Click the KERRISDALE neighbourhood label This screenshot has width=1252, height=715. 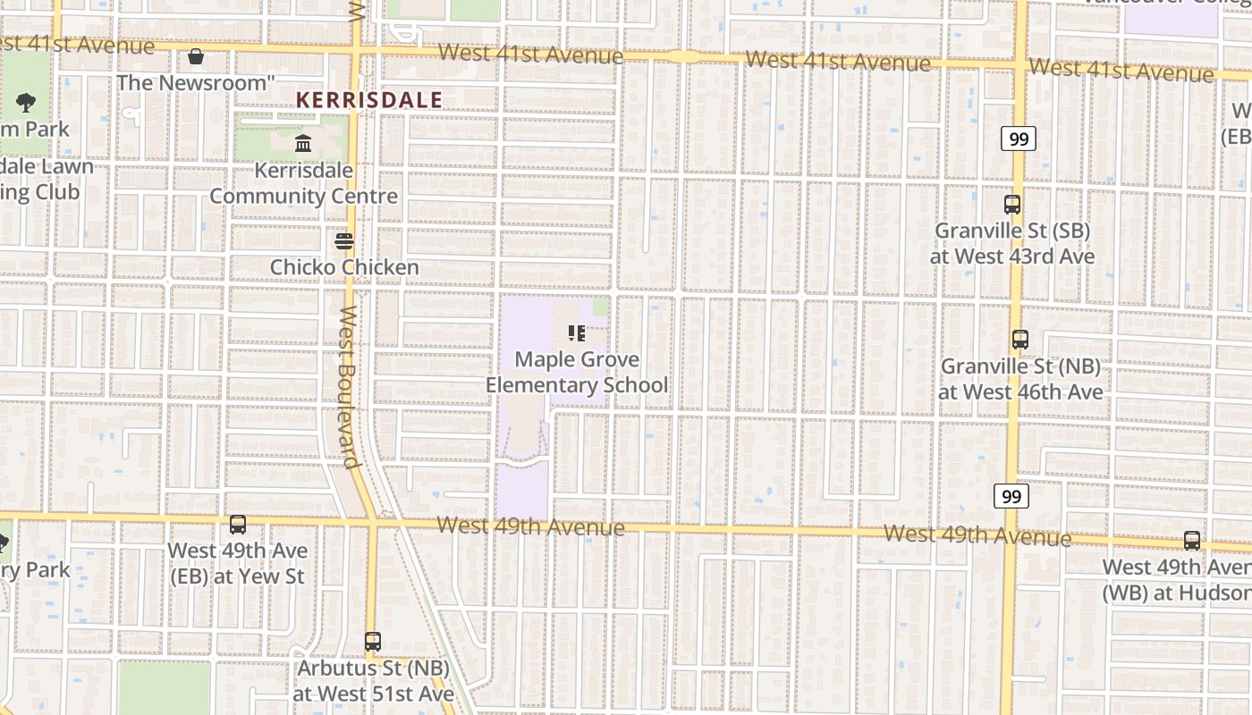tap(368, 100)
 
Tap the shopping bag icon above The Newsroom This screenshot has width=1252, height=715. tap(196, 57)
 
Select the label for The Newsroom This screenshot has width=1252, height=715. tap(196, 83)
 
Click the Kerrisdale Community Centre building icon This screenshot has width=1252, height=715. tap(303, 143)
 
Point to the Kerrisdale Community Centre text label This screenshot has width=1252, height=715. tap(303, 183)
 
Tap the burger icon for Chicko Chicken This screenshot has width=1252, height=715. tap(344, 241)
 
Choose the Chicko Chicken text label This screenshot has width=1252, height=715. tap(344, 267)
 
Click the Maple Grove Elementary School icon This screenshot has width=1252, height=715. tap(577, 333)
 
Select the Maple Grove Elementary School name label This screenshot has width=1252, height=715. tap(577, 373)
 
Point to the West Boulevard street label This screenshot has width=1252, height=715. tap(349, 387)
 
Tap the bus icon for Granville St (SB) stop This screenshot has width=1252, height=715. tap(1012, 205)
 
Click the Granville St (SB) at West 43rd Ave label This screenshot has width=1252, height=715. tap(1012, 243)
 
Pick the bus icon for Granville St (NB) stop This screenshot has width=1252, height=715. tap(1020, 340)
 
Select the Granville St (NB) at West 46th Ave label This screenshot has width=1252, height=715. tap(1020, 379)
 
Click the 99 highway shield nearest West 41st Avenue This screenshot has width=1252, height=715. tap(1018, 139)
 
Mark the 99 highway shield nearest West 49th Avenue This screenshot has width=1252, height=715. tap(1011, 497)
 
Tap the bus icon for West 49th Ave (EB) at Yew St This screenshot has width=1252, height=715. tap(238, 525)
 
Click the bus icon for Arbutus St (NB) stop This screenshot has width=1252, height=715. tap(373, 641)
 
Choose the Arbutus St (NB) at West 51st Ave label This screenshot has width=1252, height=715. tap(373, 680)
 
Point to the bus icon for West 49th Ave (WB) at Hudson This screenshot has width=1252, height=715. tap(1192, 541)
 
